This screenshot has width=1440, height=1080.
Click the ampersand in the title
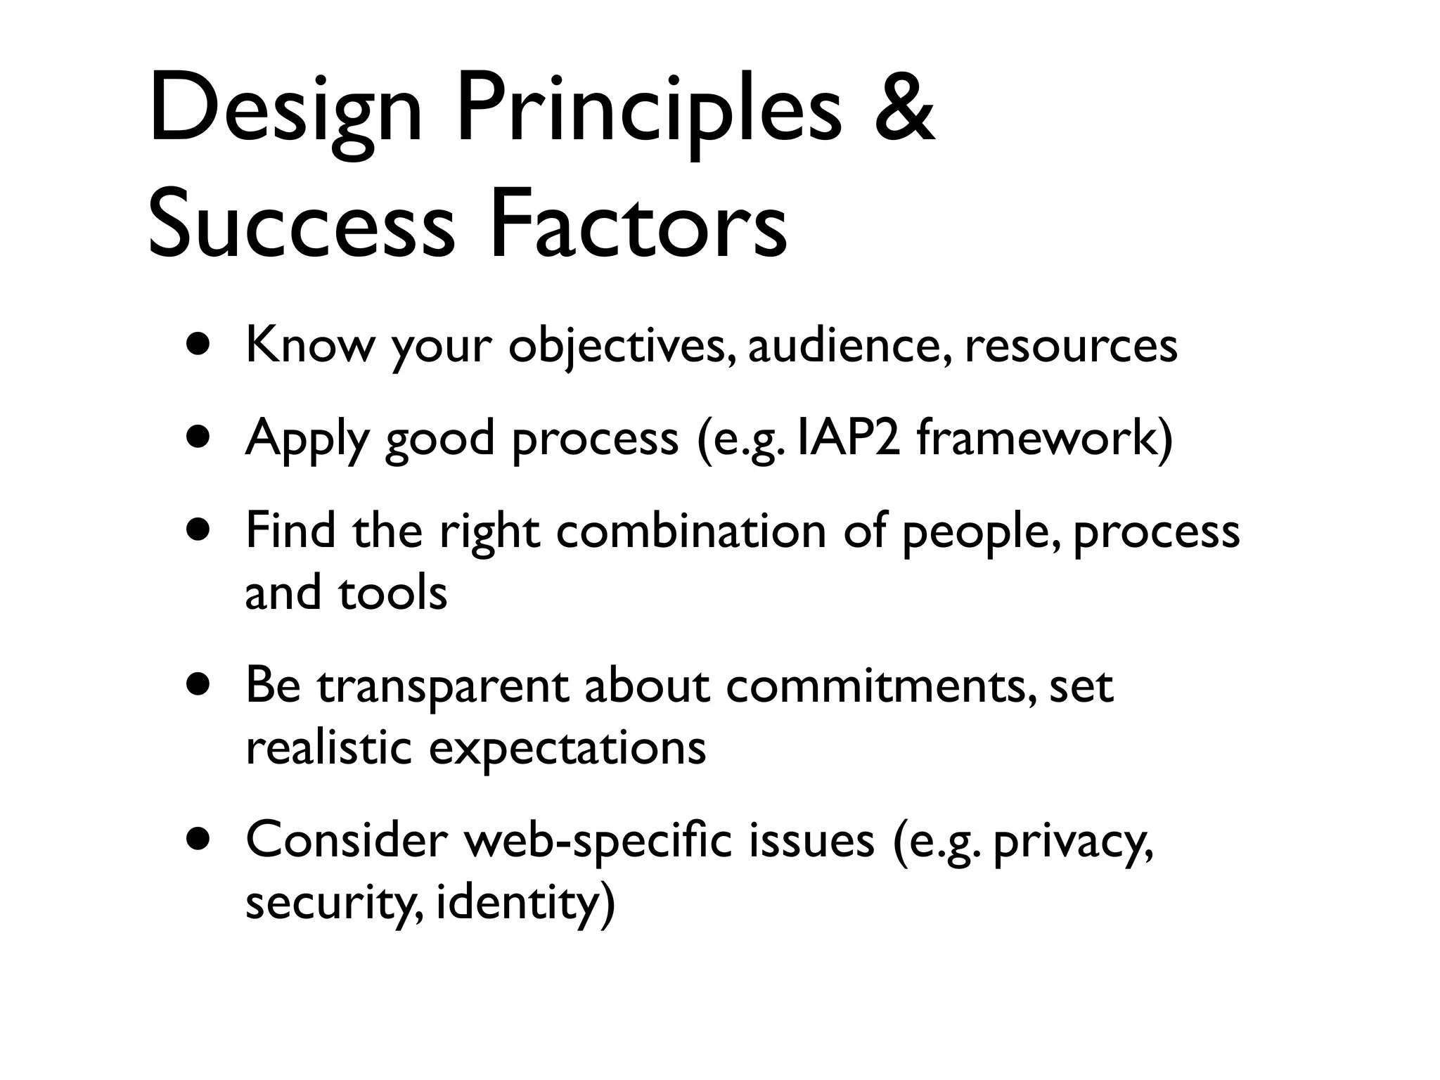(904, 109)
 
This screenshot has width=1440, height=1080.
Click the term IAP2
(849, 438)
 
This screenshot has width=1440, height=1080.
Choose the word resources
(1070, 345)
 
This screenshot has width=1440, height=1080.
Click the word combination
(690, 531)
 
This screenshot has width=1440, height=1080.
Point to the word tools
(392, 593)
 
